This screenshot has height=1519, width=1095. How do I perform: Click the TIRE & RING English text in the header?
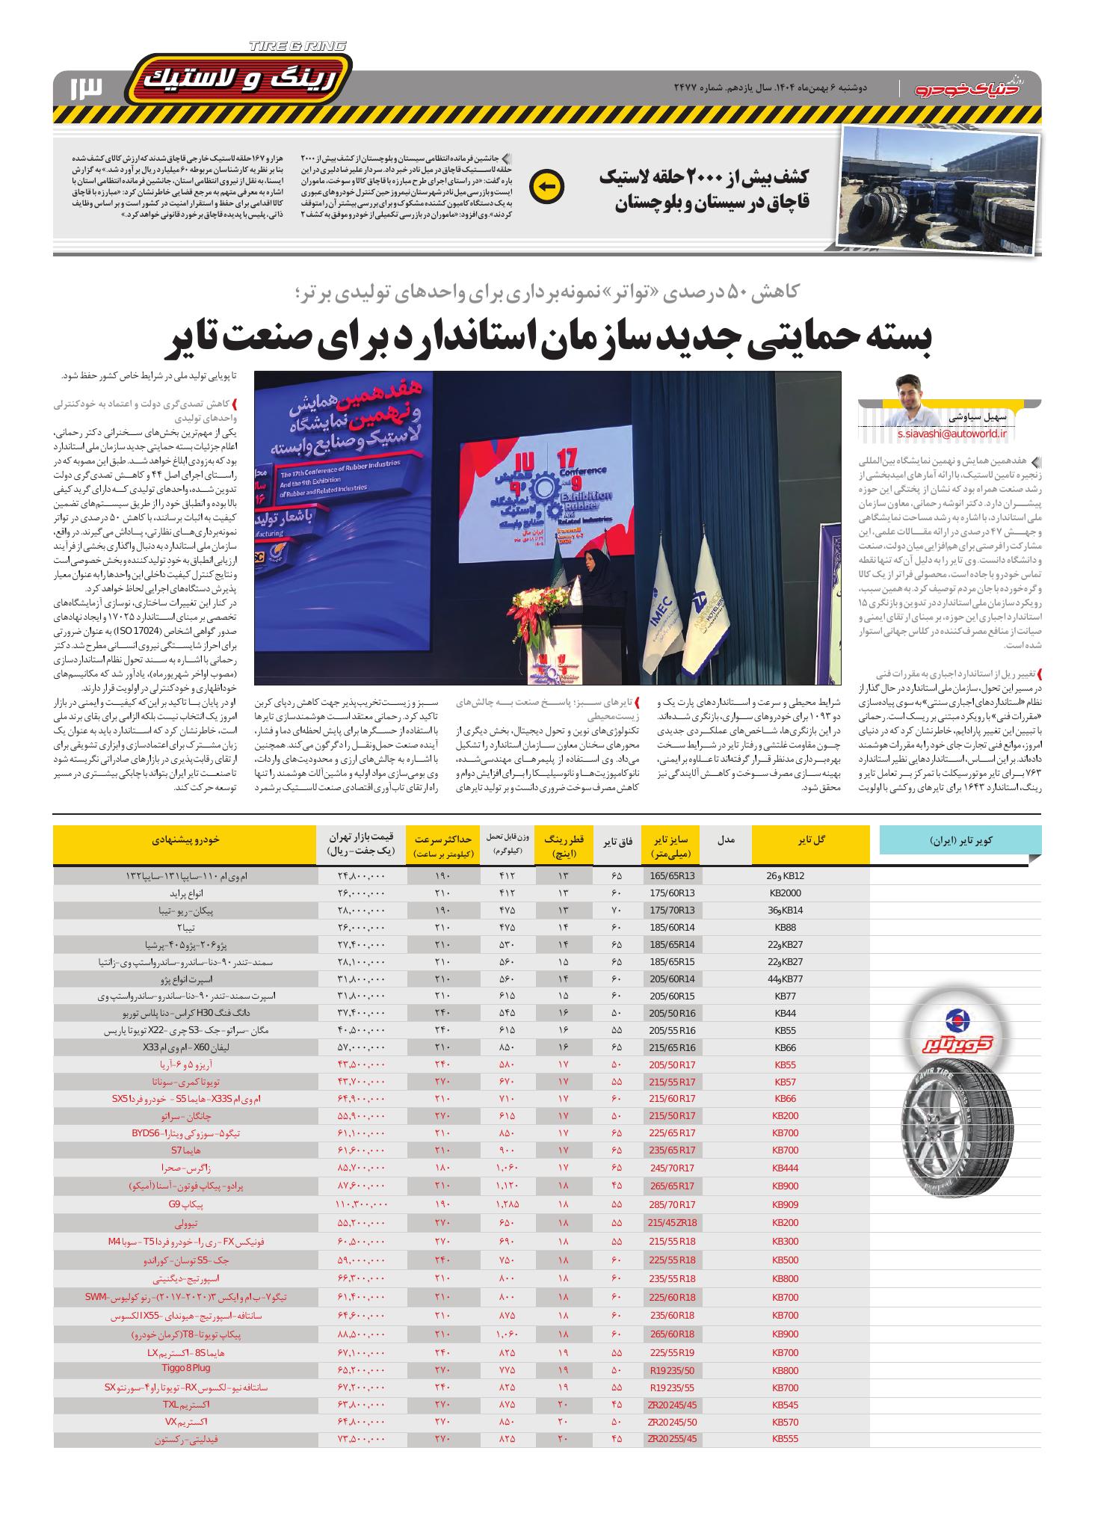[297, 47]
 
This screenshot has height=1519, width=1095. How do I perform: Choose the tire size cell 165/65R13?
[672, 875]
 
